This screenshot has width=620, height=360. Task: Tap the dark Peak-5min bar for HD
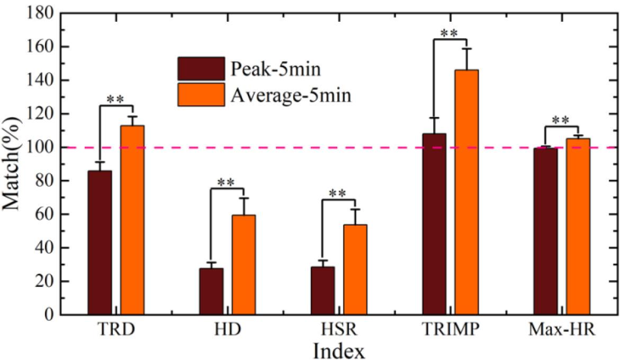pyautogui.click(x=211, y=291)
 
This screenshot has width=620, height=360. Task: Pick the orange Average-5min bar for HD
pyautogui.click(x=244, y=265)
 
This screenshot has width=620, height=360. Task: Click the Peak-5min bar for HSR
pyautogui.click(x=322, y=291)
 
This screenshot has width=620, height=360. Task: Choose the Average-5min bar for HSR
pyautogui.click(x=355, y=269)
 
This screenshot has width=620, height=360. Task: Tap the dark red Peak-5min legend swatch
pyautogui.click(x=201, y=68)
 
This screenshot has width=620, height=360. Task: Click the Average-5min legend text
pyautogui.click(x=291, y=95)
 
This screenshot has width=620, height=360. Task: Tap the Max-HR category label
pyautogui.click(x=562, y=330)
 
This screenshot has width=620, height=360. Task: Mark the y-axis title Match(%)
pyautogui.click(x=13, y=164)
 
